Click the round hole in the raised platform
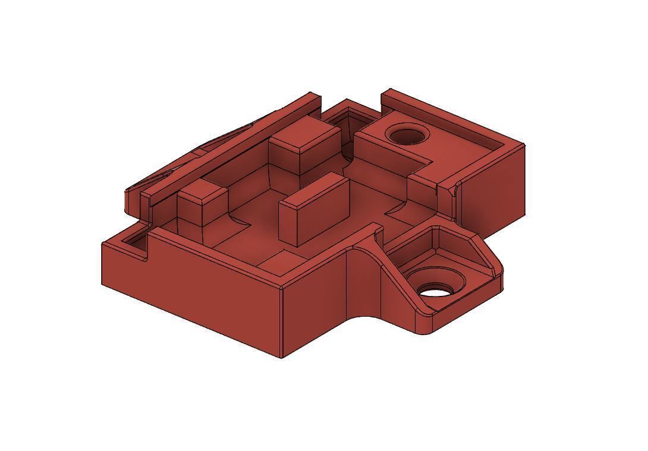pos(407,135)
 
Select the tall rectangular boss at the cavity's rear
pos(304,149)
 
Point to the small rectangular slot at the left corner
pos(134,242)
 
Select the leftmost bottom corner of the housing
pos(102,284)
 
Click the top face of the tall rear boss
pos(304,132)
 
